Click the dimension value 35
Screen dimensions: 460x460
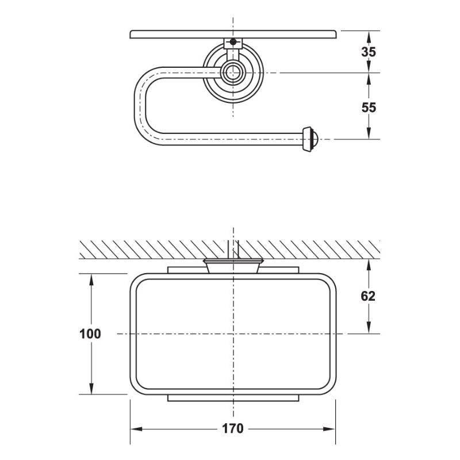tap(369, 52)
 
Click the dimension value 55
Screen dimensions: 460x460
tap(369, 107)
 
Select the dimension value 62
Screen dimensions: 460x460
tap(368, 296)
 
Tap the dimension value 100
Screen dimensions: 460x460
tap(91, 334)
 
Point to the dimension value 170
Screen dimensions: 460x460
tap(232, 428)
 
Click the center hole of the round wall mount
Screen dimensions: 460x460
tap(233, 72)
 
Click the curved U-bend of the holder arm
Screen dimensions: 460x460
tap(141, 103)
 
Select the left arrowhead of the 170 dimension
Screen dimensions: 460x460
tap(134, 429)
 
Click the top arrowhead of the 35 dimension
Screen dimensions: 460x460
tap(368, 34)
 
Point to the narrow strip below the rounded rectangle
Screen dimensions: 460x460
tap(233, 398)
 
